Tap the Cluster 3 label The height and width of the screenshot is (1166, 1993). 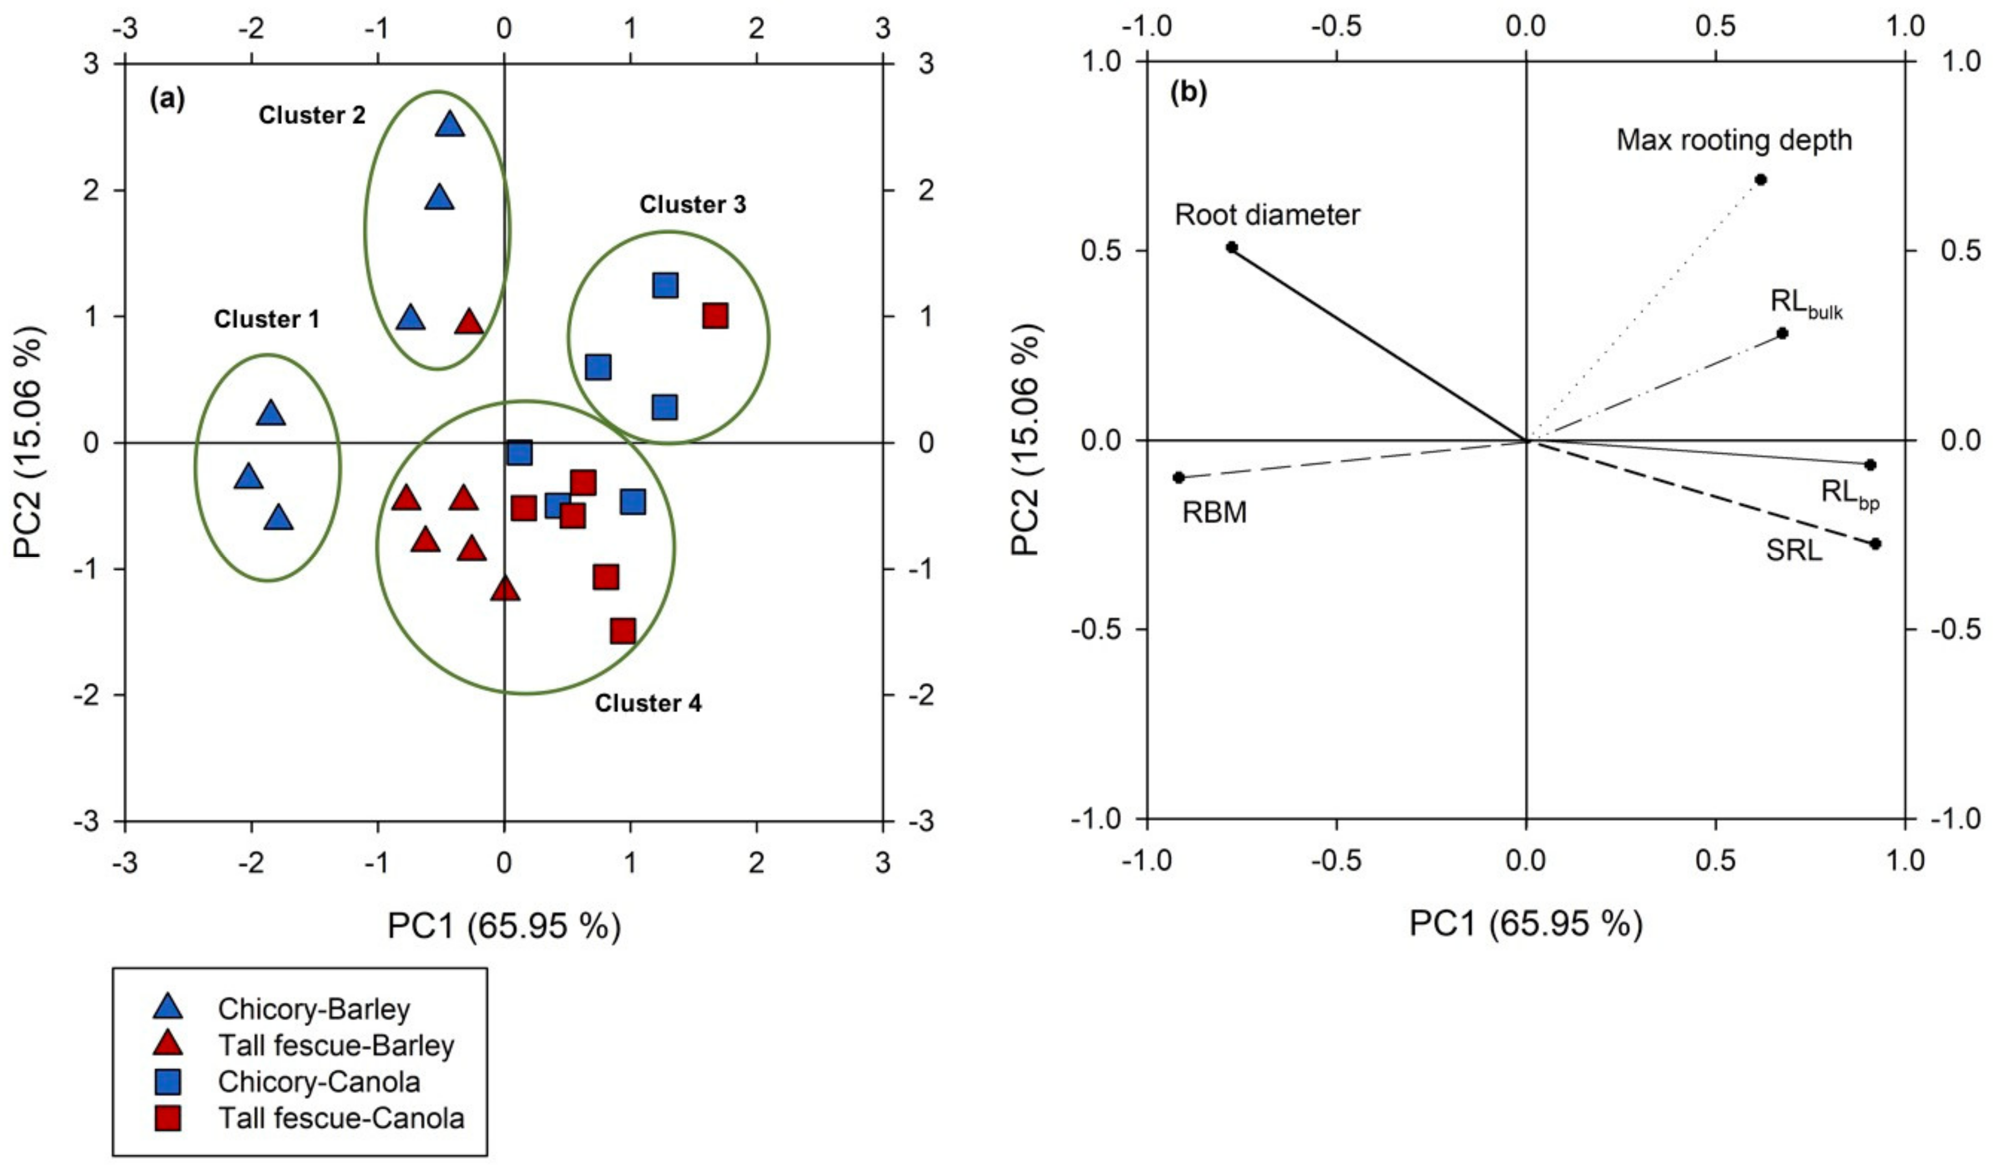[x=692, y=205]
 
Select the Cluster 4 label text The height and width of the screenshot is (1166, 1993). [x=648, y=703]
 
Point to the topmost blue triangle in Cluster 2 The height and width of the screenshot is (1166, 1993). [x=450, y=125]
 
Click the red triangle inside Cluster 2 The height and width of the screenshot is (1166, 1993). [x=469, y=322]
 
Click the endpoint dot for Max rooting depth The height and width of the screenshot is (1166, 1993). [x=1760, y=179]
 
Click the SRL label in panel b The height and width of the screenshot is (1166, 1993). [x=1794, y=572]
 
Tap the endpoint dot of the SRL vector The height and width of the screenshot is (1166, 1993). [x=1875, y=544]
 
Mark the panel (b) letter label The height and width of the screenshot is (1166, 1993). [x=1189, y=93]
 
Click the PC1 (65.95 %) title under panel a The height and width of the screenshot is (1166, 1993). [x=504, y=926]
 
